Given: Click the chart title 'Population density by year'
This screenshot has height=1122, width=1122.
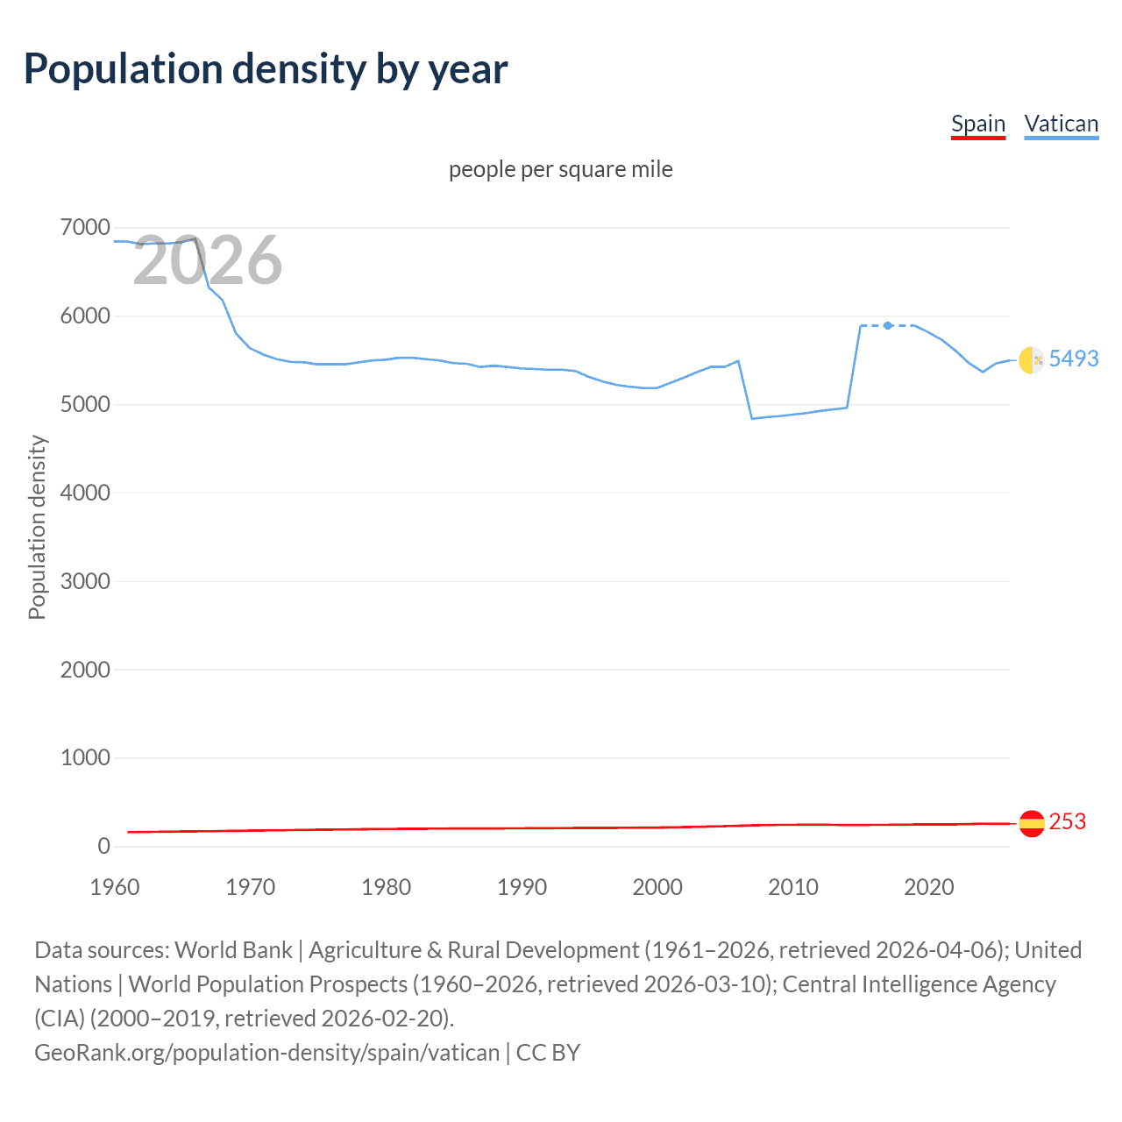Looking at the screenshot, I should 266,69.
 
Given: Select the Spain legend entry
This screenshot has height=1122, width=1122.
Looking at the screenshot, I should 978,124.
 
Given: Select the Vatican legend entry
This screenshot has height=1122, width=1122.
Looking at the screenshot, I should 1061,124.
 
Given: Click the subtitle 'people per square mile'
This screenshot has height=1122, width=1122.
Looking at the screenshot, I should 560,169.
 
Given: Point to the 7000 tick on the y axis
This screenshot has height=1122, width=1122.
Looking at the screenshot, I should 85,228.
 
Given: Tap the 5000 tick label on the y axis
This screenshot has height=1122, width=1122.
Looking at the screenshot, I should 85,405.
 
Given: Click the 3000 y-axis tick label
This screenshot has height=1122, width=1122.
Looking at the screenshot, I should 85,581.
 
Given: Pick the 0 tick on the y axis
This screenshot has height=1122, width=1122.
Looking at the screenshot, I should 103,846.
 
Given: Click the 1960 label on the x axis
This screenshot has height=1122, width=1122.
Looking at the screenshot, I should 115,887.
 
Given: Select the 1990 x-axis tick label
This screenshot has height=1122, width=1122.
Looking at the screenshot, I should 522,887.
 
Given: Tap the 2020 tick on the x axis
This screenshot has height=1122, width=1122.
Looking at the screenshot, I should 928,887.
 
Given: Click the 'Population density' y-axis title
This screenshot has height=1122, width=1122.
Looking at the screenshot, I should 37,528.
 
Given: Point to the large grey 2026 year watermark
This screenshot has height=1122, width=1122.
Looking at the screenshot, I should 208,260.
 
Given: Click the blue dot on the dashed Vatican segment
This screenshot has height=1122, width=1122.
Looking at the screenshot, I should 888,325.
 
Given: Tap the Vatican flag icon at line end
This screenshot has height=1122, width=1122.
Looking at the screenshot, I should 1031,359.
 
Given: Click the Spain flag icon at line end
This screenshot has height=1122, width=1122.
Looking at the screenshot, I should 1032,823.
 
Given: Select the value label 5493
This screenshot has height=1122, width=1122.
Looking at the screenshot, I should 1074,359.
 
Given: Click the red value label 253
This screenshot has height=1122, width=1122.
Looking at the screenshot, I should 1068,821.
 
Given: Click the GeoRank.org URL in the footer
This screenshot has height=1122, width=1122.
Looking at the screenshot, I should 266,1052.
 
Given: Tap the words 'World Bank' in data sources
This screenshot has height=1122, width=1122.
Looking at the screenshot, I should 233,950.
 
